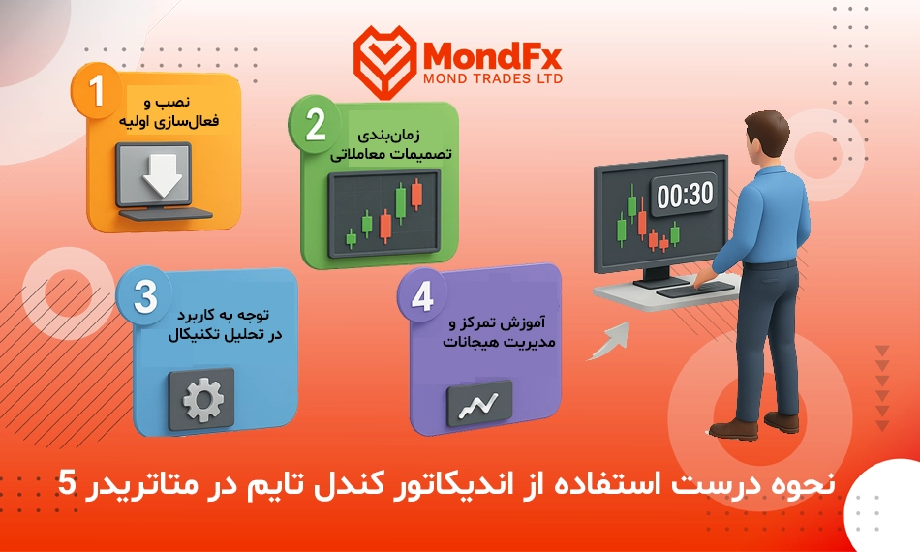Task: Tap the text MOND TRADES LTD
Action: coord(493,78)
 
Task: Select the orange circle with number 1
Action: coord(96,91)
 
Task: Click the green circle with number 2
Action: coord(315,124)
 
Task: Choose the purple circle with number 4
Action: coord(422,296)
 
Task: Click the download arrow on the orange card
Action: coord(163,175)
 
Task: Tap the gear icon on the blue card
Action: coord(202,400)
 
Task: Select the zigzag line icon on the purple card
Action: coord(478,405)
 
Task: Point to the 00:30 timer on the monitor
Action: coord(684,194)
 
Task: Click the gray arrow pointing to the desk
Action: coord(608,341)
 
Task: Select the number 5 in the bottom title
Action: coord(67,485)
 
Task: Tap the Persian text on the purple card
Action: coord(499,332)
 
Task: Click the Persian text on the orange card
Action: coord(169,111)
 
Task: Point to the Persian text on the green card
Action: coord(391,144)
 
